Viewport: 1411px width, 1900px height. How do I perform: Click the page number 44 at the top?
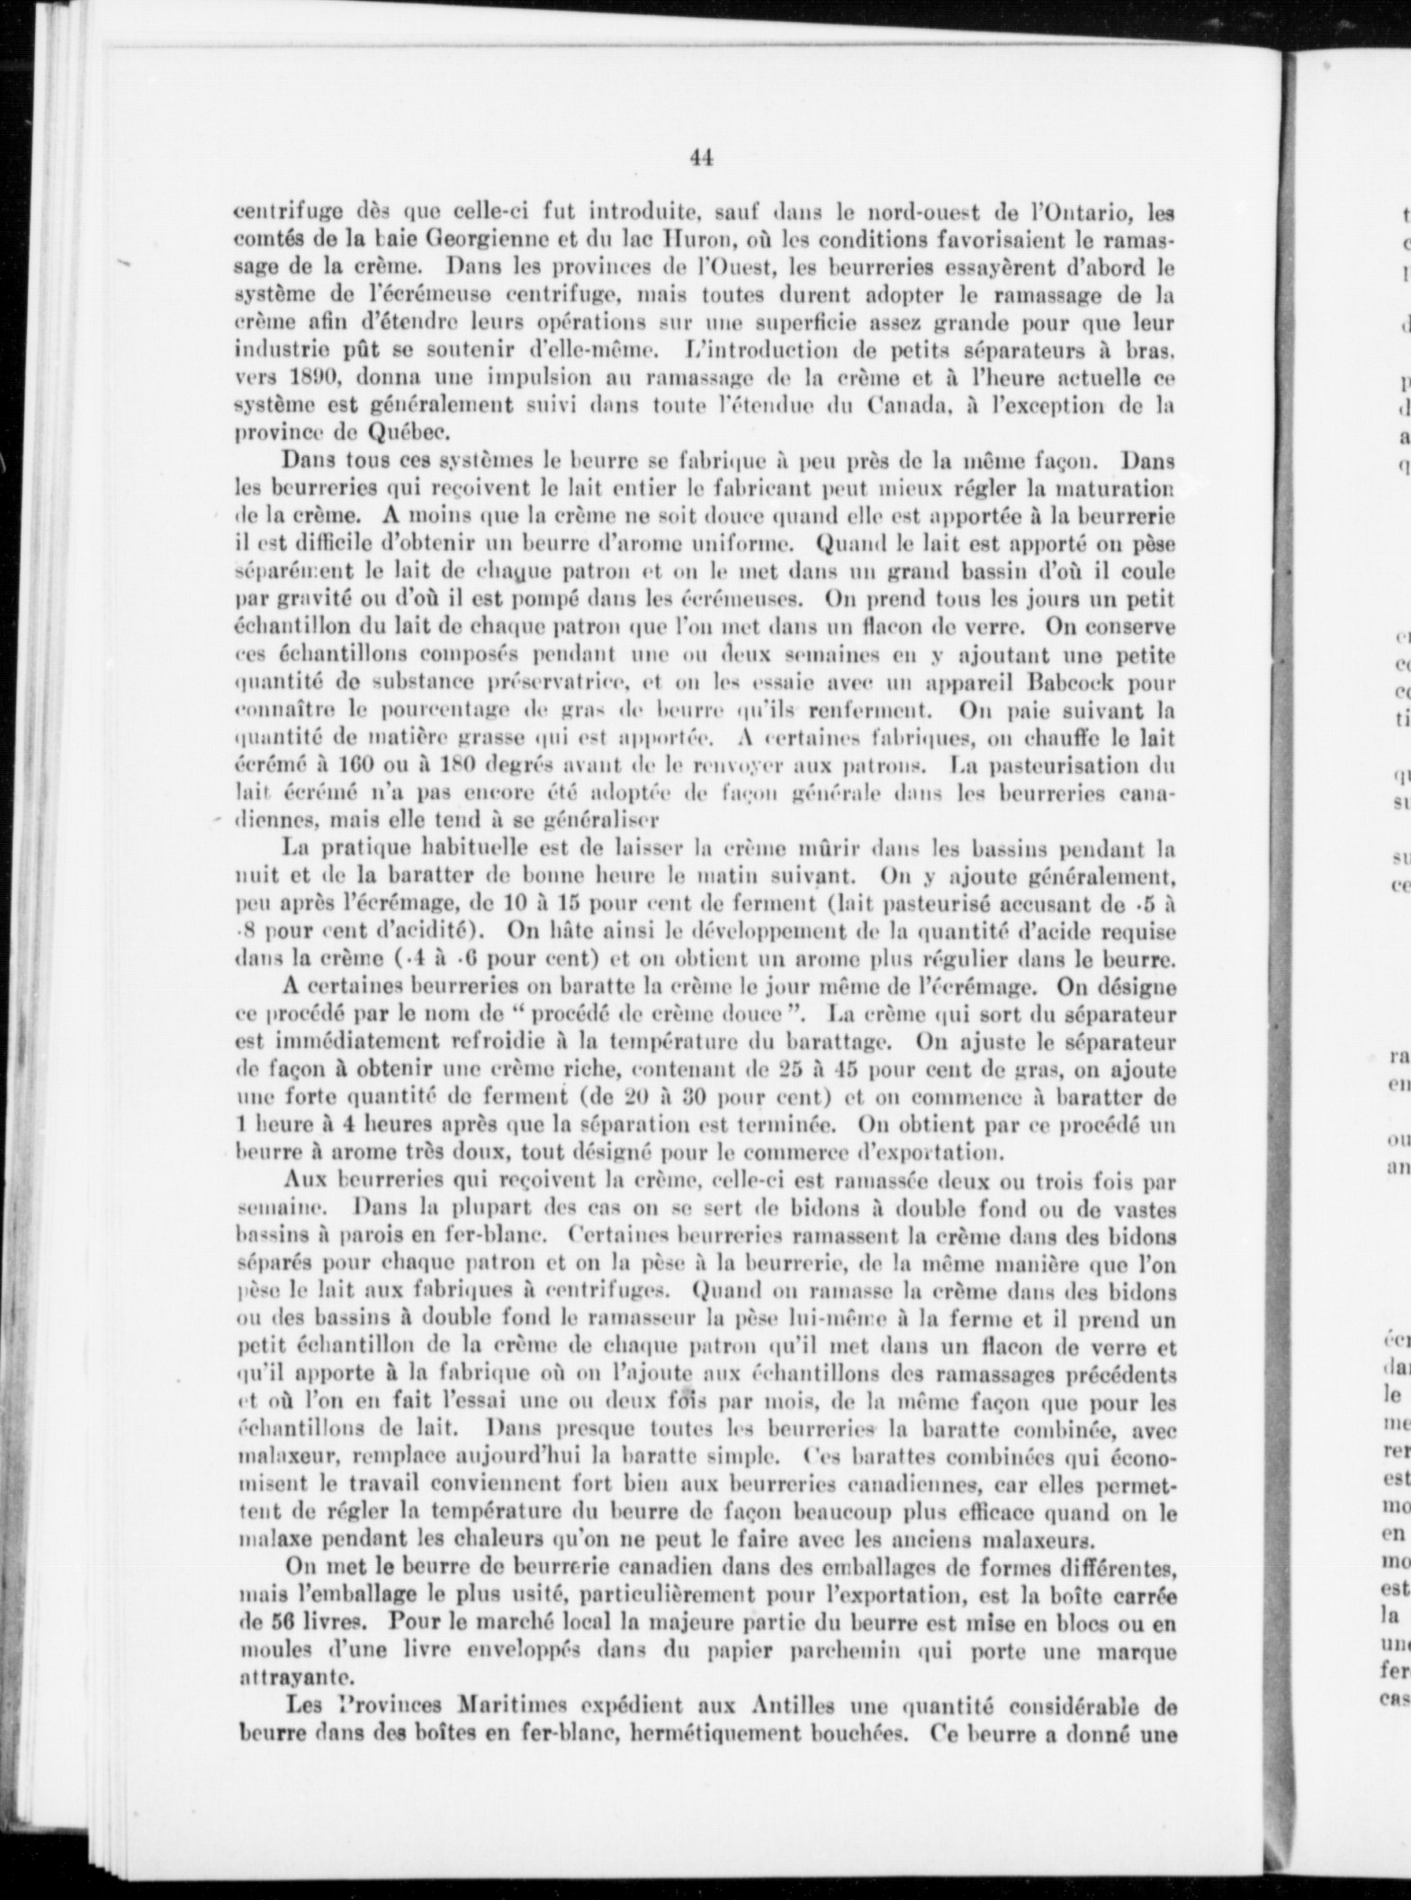[x=702, y=158]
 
